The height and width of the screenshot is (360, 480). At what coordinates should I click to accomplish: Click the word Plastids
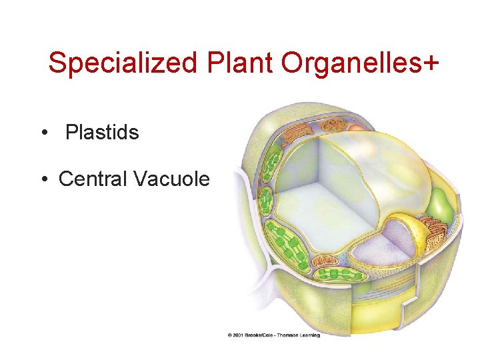click(102, 133)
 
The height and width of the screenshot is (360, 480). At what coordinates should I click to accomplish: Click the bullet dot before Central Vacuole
click(43, 179)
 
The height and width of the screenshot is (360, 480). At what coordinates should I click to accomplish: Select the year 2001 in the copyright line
click(240, 335)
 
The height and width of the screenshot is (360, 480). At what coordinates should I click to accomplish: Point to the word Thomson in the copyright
click(288, 335)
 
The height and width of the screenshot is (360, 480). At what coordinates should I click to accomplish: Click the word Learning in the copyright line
click(311, 335)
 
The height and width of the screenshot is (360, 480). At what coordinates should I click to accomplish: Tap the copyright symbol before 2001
click(230, 335)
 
